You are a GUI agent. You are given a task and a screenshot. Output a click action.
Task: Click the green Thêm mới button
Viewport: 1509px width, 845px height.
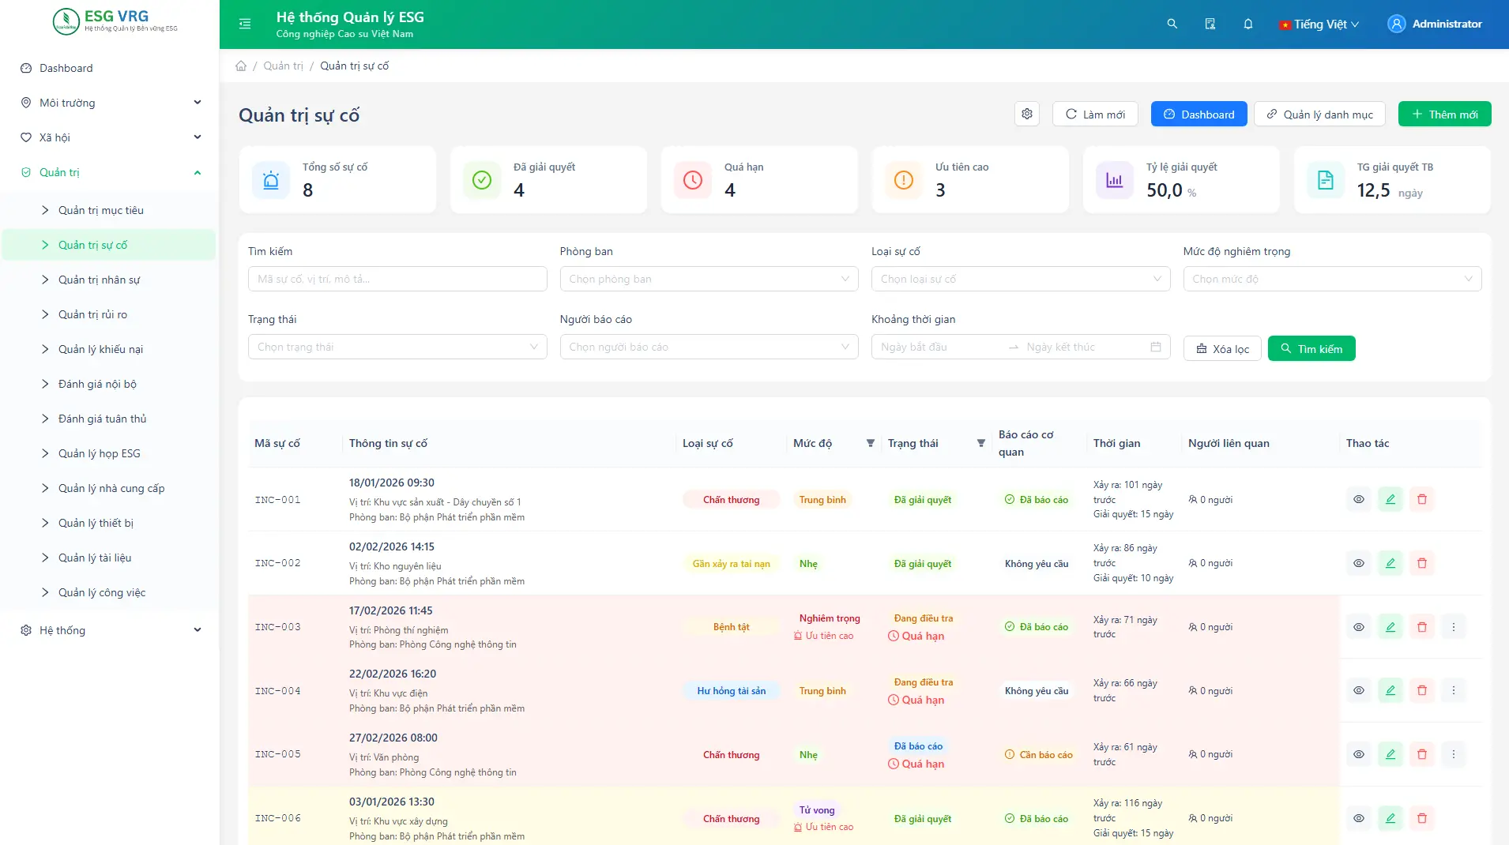point(1444,115)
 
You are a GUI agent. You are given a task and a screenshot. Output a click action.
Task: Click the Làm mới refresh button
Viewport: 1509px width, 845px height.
point(1094,115)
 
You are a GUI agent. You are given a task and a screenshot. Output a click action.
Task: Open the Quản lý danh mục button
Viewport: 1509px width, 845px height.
point(1319,115)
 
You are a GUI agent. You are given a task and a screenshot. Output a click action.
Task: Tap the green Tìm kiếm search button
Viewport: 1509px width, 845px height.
point(1311,348)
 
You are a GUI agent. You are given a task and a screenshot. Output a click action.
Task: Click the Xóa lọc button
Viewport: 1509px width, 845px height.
point(1222,348)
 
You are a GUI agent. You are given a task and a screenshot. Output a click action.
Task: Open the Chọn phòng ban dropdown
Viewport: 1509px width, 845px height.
point(709,279)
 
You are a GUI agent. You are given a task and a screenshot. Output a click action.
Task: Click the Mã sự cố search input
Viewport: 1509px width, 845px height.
point(397,279)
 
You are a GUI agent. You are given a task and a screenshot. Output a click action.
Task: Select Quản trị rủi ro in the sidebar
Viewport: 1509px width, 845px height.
point(92,314)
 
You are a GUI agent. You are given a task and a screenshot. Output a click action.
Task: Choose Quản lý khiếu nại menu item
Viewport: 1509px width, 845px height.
point(100,349)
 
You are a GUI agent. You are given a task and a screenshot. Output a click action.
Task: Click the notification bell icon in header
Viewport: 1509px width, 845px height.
point(1248,24)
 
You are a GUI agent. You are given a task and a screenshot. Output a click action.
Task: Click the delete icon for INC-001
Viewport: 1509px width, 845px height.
point(1422,499)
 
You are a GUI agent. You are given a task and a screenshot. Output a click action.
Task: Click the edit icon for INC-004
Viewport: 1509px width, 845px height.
point(1390,690)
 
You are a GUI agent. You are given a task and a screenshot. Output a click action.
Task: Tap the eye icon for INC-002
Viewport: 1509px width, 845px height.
point(1359,563)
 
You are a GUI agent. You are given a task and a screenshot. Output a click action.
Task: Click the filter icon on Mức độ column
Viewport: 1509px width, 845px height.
point(871,443)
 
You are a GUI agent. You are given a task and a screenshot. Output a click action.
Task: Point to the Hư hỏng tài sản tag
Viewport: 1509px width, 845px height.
point(732,691)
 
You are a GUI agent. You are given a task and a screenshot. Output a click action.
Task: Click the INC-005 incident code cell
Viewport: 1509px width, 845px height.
point(278,754)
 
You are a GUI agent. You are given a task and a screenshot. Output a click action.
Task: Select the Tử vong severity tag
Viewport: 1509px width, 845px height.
point(817,809)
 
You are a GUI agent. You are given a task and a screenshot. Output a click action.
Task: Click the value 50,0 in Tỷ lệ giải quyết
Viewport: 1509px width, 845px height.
point(1165,190)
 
